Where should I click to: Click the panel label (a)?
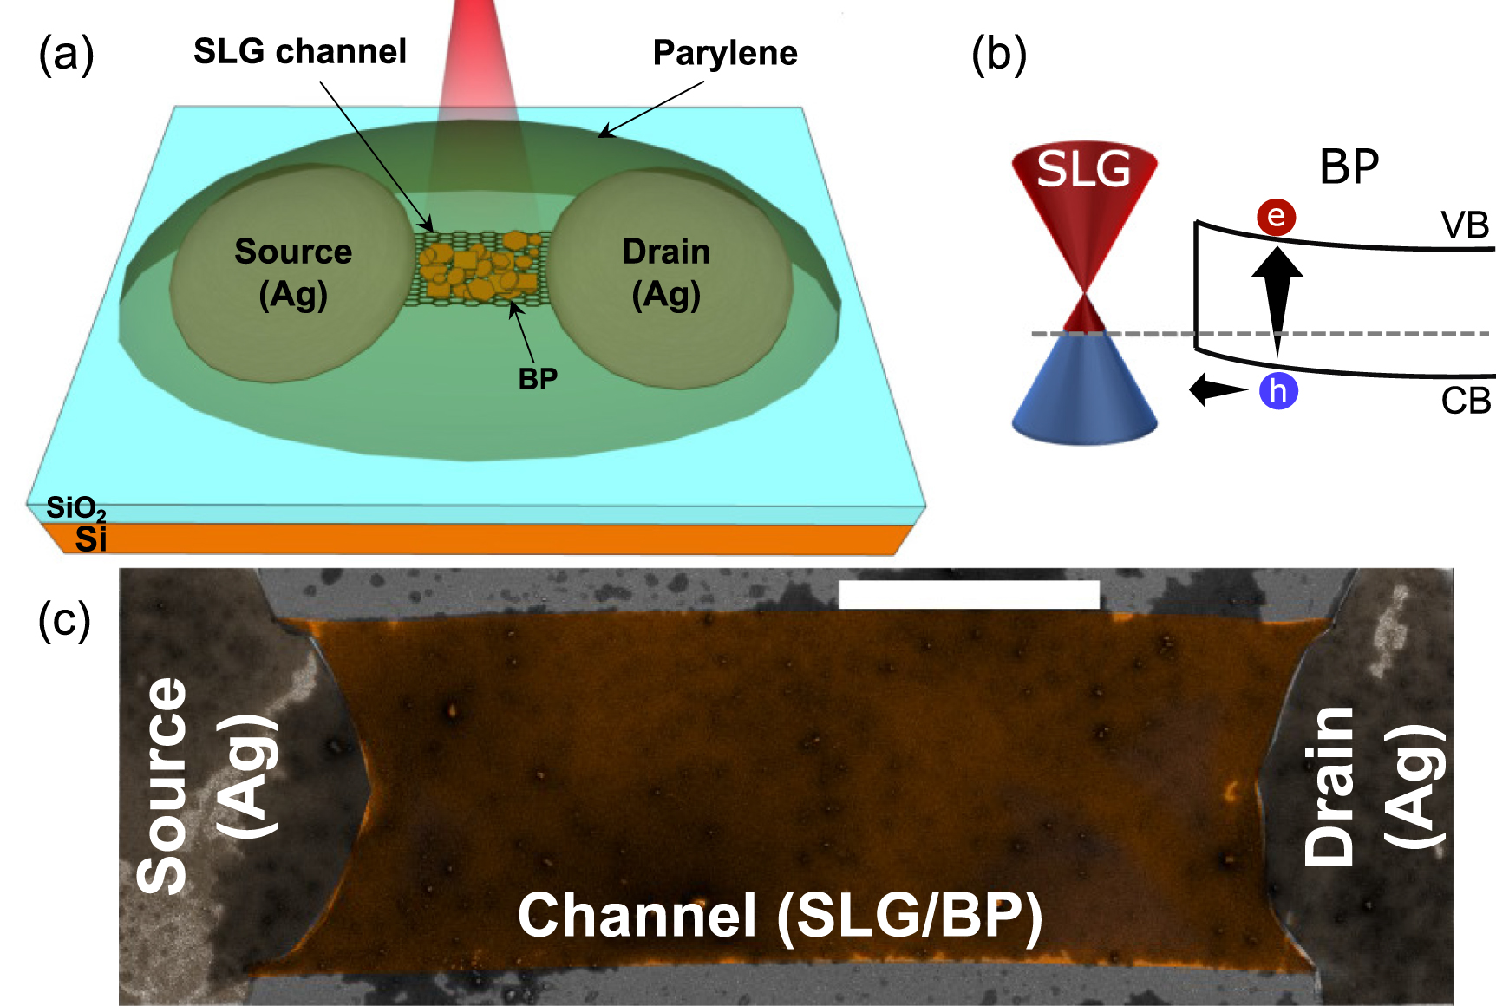(x=66, y=55)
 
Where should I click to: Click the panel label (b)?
(x=999, y=55)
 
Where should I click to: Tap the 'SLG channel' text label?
(x=299, y=52)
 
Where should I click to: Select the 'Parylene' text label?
(x=724, y=54)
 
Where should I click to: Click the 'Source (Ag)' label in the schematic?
(x=293, y=273)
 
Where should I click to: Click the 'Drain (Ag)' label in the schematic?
(x=666, y=273)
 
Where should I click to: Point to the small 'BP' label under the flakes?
(x=538, y=379)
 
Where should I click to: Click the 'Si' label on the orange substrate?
(x=90, y=539)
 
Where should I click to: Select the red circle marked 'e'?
(x=1276, y=216)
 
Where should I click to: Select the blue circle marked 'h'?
(x=1278, y=391)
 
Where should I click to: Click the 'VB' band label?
(x=1465, y=225)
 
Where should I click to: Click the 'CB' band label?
(x=1466, y=401)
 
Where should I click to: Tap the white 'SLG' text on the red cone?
(x=1084, y=169)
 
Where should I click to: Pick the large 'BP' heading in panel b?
(x=1349, y=167)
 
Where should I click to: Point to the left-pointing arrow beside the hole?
(x=1216, y=389)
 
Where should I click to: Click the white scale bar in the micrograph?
(x=969, y=595)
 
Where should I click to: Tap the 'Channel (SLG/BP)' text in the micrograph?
(x=780, y=916)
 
